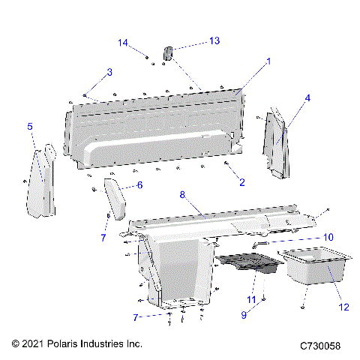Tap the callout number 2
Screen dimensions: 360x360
(241, 181)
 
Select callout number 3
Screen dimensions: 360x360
(109, 72)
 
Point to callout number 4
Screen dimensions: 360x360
(307, 97)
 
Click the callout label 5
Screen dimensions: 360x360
(30, 127)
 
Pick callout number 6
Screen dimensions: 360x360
(139, 184)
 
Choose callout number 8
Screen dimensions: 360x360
(181, 194)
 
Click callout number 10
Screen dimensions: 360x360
(328, 236)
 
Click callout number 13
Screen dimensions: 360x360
(214, 40)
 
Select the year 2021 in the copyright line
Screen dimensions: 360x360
(34, 343)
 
